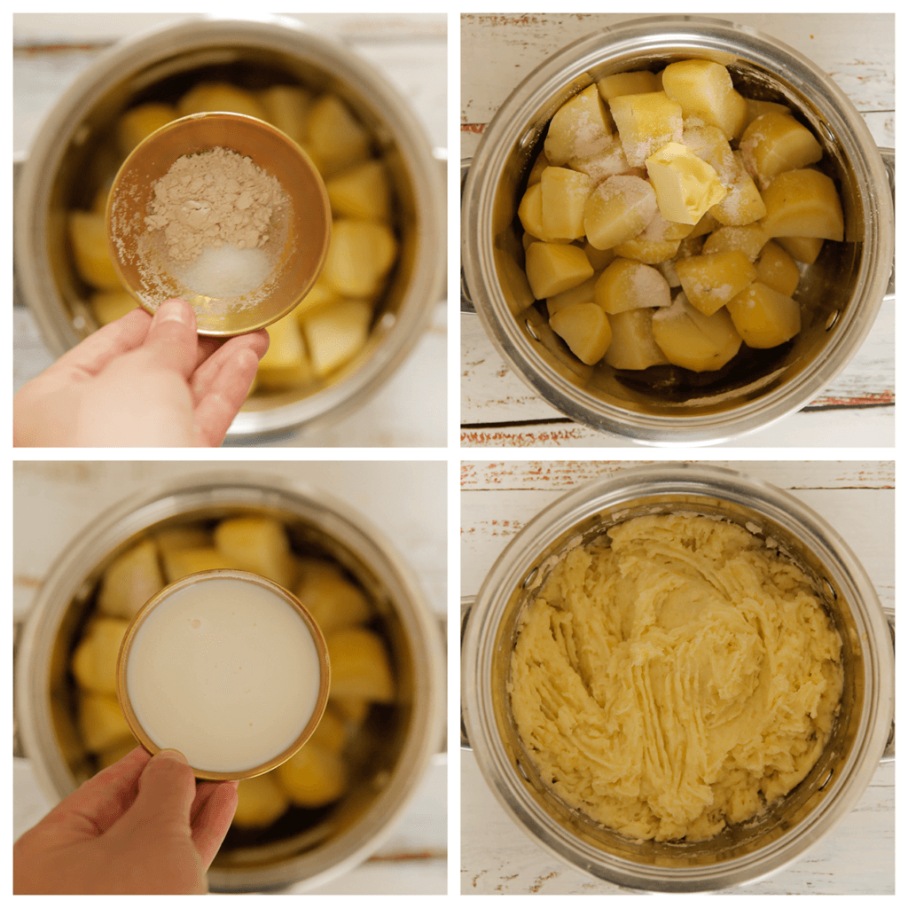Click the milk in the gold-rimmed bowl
223,674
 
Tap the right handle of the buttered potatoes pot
888,222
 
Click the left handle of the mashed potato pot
465,674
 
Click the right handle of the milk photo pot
440,674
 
